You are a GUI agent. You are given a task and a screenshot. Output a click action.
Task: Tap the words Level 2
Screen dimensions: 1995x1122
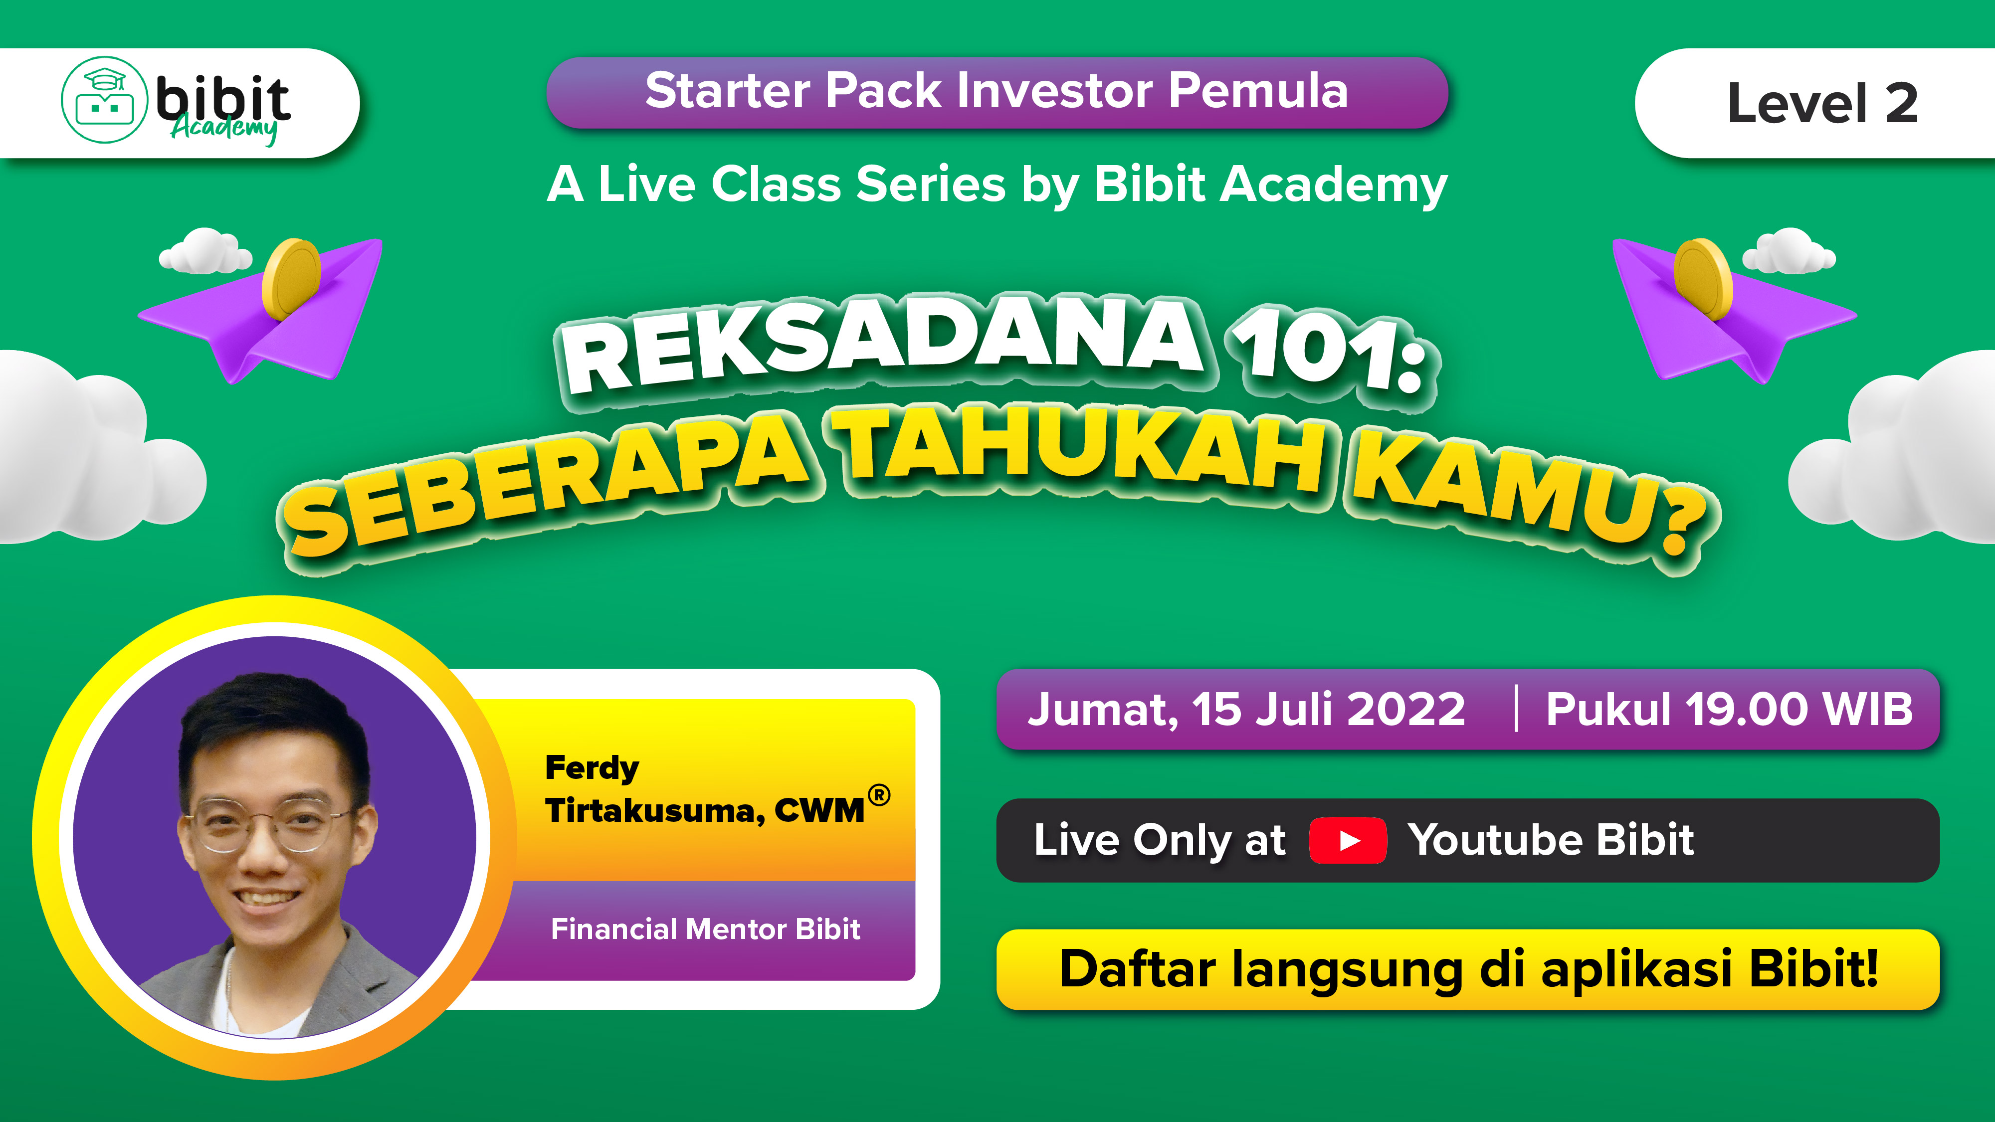(x=1823, y=104)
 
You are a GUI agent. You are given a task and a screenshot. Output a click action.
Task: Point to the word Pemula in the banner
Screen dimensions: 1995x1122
(x=1258, y=91)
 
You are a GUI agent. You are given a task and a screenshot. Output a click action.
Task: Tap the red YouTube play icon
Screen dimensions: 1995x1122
(x=1348, y=841)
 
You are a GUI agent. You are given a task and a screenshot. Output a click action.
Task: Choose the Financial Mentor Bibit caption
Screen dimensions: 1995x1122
(x=706, y=929)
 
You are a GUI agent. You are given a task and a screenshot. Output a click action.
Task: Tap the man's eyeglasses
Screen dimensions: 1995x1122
(x=267, y=825)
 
